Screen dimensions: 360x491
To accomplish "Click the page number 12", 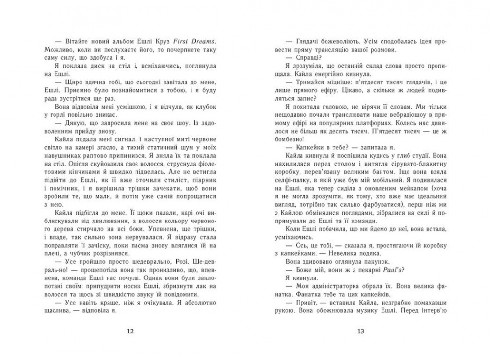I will (130, 331).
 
